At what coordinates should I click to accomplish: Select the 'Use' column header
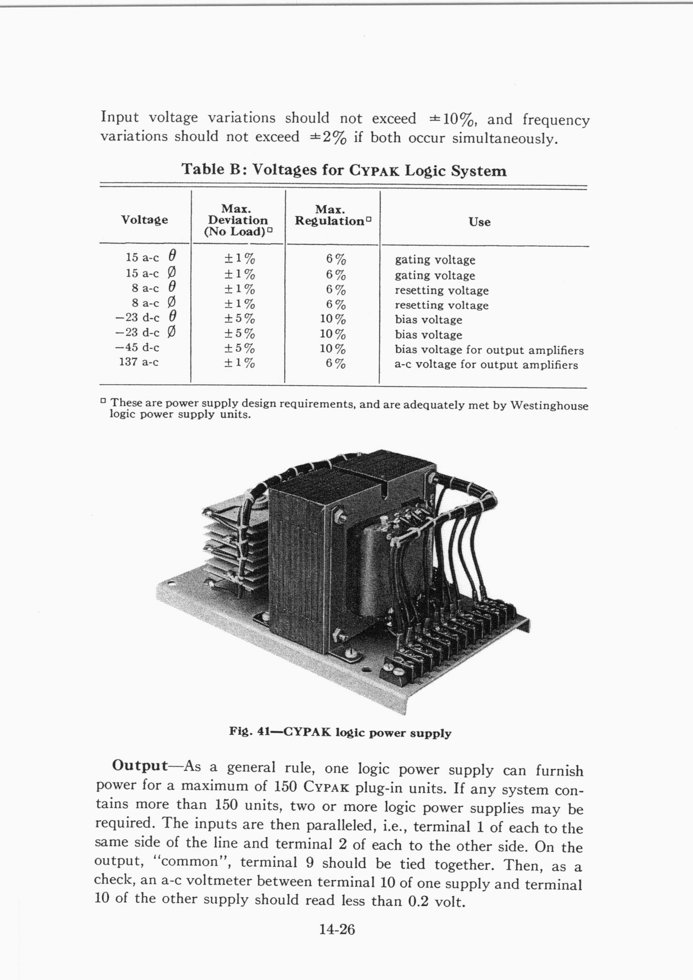pyautogui.click(x=479, y=222)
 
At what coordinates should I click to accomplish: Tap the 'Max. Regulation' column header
pyautogui.click(x=332, y=215)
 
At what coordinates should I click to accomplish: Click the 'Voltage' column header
pyautogui.click(x=144, y=220)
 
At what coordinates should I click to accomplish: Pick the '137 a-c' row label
pyautogui.click(x=139, y=362)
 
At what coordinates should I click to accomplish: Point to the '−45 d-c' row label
pyautogui.click(x=137, y=347)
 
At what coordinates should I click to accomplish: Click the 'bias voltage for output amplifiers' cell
pyautogui.click(x=489, y=350)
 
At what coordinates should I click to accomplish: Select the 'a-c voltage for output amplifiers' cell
pyautogui.click(x=486, y=365)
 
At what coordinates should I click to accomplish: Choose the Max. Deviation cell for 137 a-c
pyautogui.click(x=239, y=363)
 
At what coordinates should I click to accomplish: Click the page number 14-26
pyautogui.click(x=337, y=929)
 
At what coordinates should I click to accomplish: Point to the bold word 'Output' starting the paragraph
pyautogui.click(x=140, y=766)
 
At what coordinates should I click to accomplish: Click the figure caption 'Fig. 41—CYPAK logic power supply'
pyautogui.click(x=340, y=732)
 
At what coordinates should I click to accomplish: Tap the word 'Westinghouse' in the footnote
pyautogui.click(x=549, y=405)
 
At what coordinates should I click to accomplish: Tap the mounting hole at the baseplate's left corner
pyautogui.click(x=172, y=583)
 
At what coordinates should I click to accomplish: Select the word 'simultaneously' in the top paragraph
pyautogui.click(x=505, y=139)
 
